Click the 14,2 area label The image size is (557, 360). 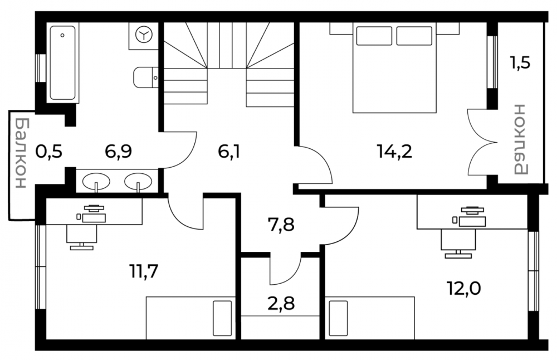[x=394, y=152]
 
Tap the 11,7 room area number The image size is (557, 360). [x=144, y=272]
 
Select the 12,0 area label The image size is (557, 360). [x=464, y=289]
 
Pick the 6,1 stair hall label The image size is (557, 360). [x=229, y=152]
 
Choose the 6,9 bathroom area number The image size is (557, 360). [x=118, y=152]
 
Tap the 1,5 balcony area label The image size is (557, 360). [x=520, y=63]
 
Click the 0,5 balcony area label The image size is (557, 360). [x=49, y=152]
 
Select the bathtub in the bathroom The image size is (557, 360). [x=62, y=63]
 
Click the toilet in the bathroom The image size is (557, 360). [x=145, y=77]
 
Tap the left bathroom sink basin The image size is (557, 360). [x=96, y=181]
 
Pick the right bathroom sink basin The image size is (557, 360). [x=138, y=181]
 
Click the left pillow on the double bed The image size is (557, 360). [x=374, y=36]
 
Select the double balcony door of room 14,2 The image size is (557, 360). [x=481, y=142]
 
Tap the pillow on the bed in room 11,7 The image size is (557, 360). [x=222, y=318]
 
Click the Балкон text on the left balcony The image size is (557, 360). [x=21, y=153]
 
